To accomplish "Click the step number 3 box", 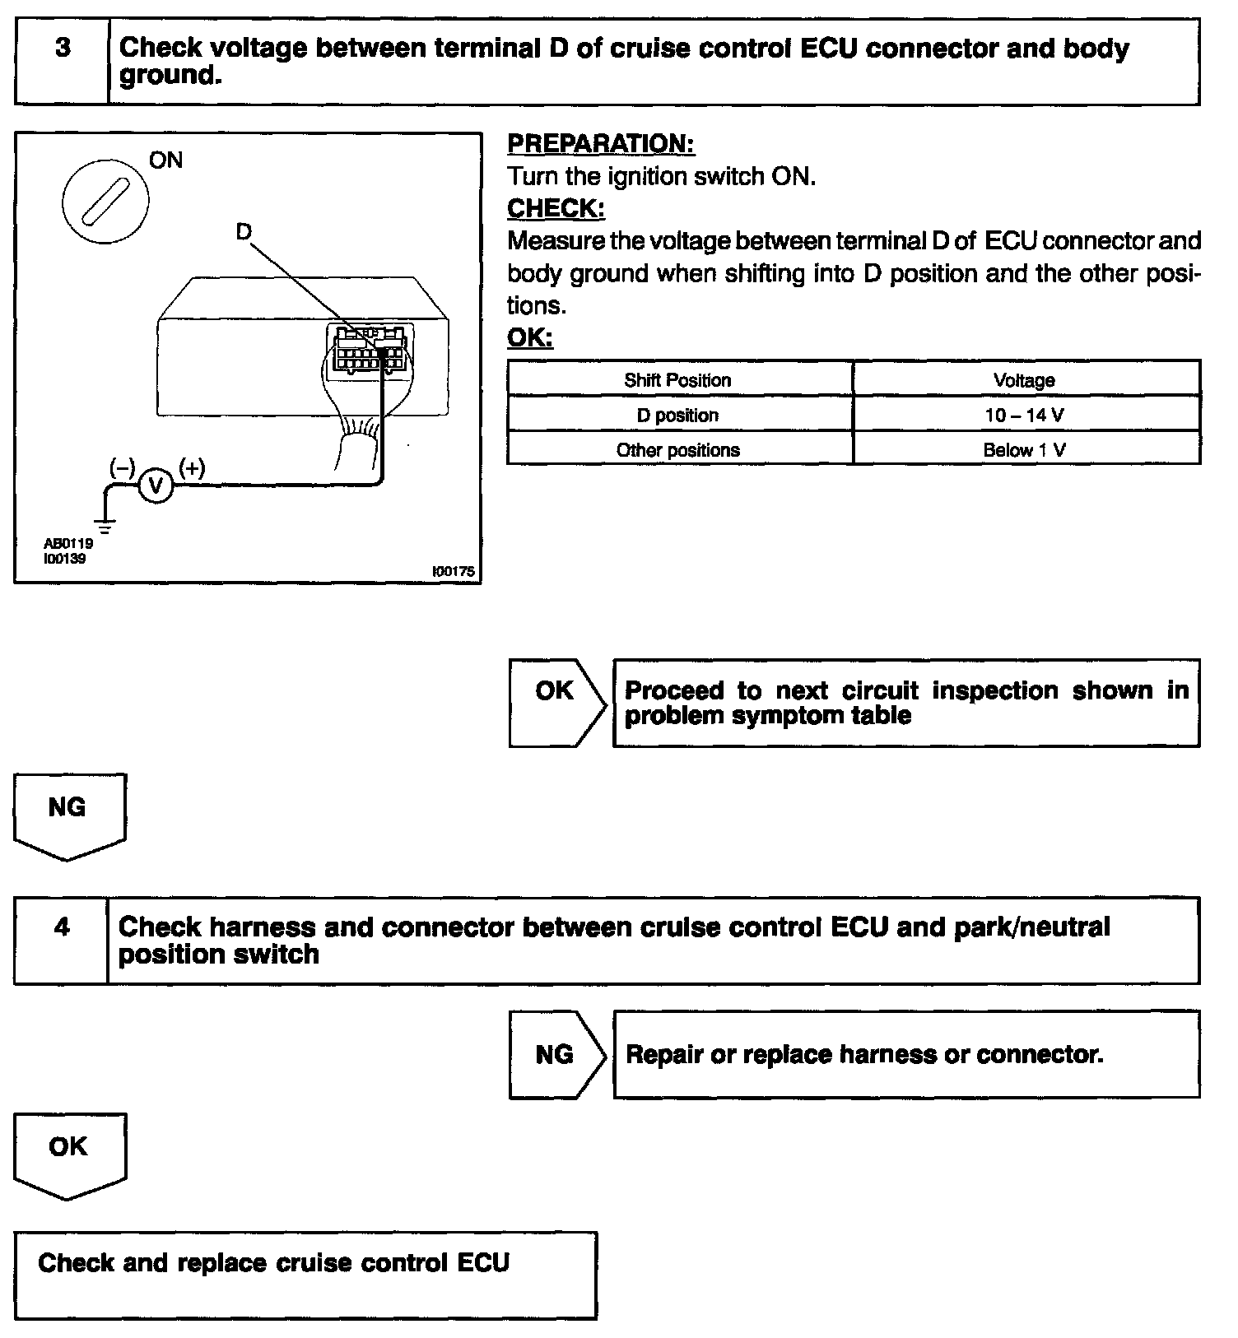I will (x=62, y=62).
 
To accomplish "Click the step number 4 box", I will (x=61, y=940).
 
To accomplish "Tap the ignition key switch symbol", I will (x=105, y=199).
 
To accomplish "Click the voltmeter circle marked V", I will (x=156, y=486).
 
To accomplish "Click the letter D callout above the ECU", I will (x=244, y=233).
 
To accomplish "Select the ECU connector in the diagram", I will (x=370, y=350).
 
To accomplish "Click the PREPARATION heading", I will (x=601, y=144).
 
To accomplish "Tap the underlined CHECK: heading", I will (x=556, y=209).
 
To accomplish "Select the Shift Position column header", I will (x=677, y=380).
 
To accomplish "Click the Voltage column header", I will (x=1024, y=380).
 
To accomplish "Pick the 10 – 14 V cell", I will (x=1024, y=416).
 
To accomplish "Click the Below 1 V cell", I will (x=1024, y=450).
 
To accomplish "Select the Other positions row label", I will (x=677, y=450).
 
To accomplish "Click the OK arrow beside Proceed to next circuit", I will (x=556, y=702).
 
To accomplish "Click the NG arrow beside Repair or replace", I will (x=556, y=1054).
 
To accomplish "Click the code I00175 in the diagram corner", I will (x=454, y=571).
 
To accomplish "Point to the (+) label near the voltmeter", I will (x=192, y=468).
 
